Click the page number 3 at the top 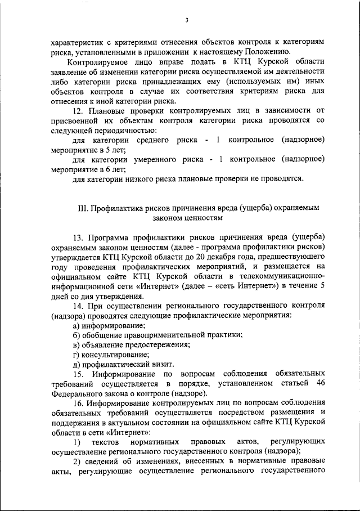tap(186, 21)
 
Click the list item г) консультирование tap(111, 355)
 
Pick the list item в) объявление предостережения tap(132, 344)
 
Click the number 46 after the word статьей tap(321, 383)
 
